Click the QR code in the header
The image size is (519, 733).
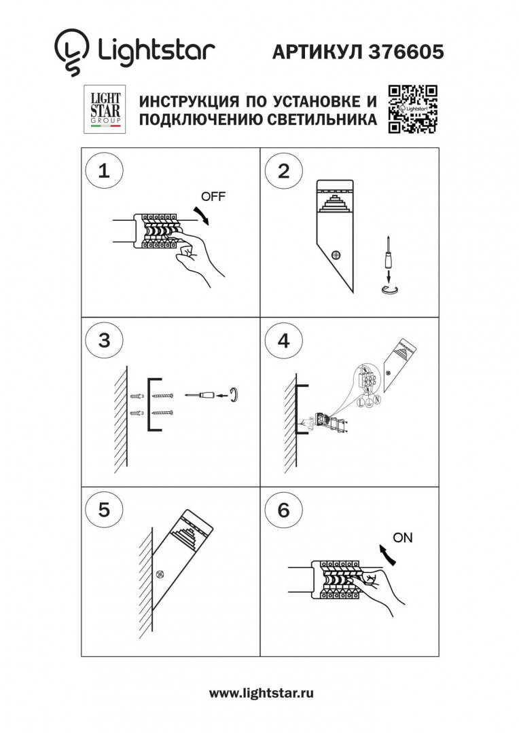412,108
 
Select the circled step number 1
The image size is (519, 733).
103,170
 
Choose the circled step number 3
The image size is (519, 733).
103,341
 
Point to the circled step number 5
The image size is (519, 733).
103,510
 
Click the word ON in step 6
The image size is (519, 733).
403,538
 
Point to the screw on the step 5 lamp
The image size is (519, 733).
161,574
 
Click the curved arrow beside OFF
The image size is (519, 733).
202,215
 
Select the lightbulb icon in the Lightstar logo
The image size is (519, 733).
71,51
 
